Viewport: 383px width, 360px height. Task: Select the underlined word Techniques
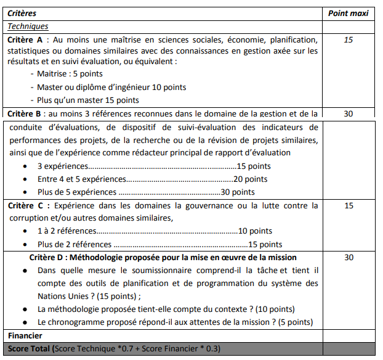coord(28,27)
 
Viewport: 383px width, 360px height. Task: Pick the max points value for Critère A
coord(349,39)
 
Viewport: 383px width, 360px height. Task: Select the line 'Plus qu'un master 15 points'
coord(87,100)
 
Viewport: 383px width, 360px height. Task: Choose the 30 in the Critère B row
coord(349,114)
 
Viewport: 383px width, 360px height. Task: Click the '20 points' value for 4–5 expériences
coord(251,179)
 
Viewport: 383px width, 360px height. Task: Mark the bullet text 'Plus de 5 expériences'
coord(77,192)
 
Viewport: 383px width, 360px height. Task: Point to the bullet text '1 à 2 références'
coord(67,231)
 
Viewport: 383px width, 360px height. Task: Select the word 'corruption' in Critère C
coord(28,218)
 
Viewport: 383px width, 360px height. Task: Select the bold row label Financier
coord(25,336)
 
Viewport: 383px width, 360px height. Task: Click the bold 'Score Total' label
coord(30,350)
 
